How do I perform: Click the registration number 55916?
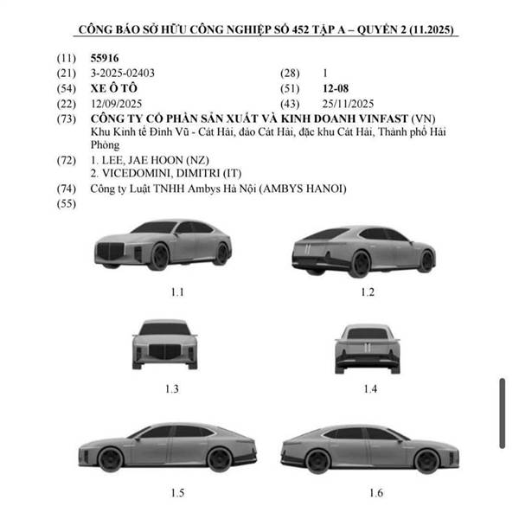[x=105, y=58]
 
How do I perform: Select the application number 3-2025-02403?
[x=123, y=74]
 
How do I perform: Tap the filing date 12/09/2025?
[x=116, y=104]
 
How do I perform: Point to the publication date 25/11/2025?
[x=348, y=104]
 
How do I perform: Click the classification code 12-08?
[x=336, y=89]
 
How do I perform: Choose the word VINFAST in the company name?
[x=383, y=119]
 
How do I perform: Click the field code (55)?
[x=67, y=203]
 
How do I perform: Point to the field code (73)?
[x=67, y=119]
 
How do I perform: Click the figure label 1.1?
[x=177, y=292]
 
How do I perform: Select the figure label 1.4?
[x=370, y=389]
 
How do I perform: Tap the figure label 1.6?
[x=376, y=493]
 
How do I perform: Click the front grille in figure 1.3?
[x=165, y=352]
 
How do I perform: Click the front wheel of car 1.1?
[x=159, y=257]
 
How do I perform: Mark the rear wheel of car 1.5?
[x=219, y=459]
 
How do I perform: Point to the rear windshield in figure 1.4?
[x=367, y=334]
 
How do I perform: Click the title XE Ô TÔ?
[x=114, y=88]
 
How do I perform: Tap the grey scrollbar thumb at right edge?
[x=502, y=413]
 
